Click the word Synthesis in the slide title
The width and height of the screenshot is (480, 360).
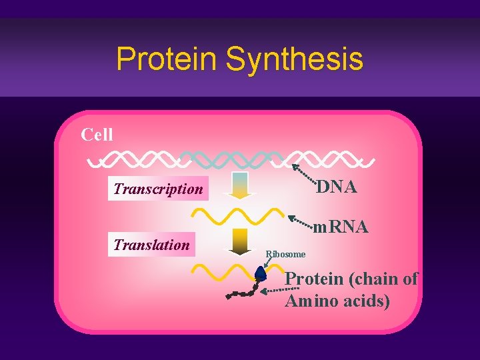click(x=295, y=59)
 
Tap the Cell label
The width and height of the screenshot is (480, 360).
click(x=97, y=135)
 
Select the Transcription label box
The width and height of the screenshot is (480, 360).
click(x=159, y=189)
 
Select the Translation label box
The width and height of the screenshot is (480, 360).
click(x=152, y=245)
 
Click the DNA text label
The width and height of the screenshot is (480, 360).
click(x=337, y=187)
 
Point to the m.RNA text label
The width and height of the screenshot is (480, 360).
click(x=341, y=227)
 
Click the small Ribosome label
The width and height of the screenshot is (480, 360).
click(x=285, y=254)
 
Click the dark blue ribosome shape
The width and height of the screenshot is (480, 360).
click(x=261, y=273)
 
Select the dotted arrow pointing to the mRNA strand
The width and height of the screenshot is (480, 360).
click(x=301, y=220)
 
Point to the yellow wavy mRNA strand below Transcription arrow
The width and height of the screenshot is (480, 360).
click(x=237, y=215)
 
